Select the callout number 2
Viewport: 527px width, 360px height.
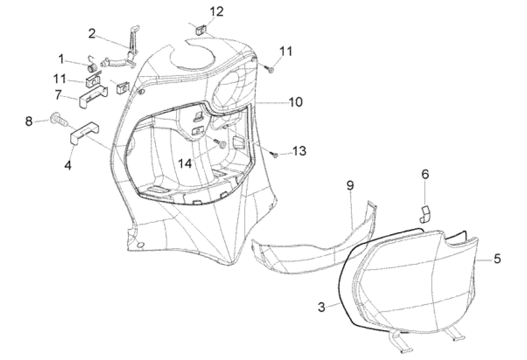[x=91, y=33]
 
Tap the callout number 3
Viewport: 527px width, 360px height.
[x=322, y=306]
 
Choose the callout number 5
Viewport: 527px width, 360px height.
[x=497, y=259]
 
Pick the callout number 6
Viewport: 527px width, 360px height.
[x=425, y=175]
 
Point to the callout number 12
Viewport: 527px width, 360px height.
[x=217, y=11]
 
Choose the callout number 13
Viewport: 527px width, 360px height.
[x=299, y=151]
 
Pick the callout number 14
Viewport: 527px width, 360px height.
[x=185, y=163]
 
